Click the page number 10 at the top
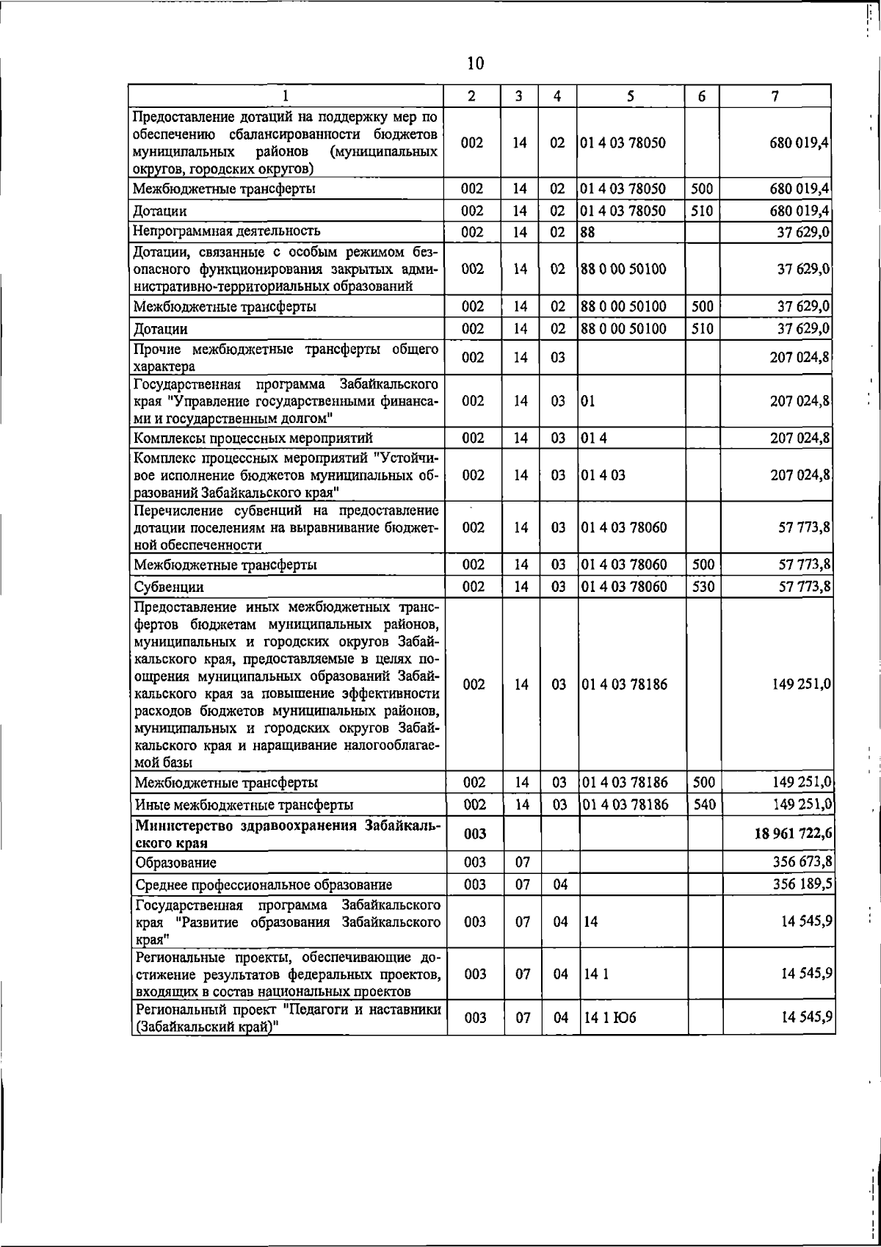pyautogui.click(x=475, y=64)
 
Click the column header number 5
pyautogui.click(x=631, y=96)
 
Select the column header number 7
pyautogui.click(x=775, y=96)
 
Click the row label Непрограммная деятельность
pyautogui.click(x=227, y=232)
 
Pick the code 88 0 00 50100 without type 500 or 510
pyautogui.click(x=623, y=269)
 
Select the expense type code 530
pyautogui.click(x=703, y=587)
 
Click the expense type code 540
pyautogui.click(x=703, y=805)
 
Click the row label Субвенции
pyautogui.click(x=168, y=588)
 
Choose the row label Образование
pyautogui.click(x=175, y=863)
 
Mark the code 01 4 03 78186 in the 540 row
pyautogui.click(x=625, y=805)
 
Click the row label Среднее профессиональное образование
pyautogui.click(x=263, y=885)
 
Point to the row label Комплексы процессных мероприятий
pyautogui.click(x=253, y=438)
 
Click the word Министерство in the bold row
pyautogui.click(x=184, y=825)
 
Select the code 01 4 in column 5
pyautogui.click(x=594, y=438)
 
